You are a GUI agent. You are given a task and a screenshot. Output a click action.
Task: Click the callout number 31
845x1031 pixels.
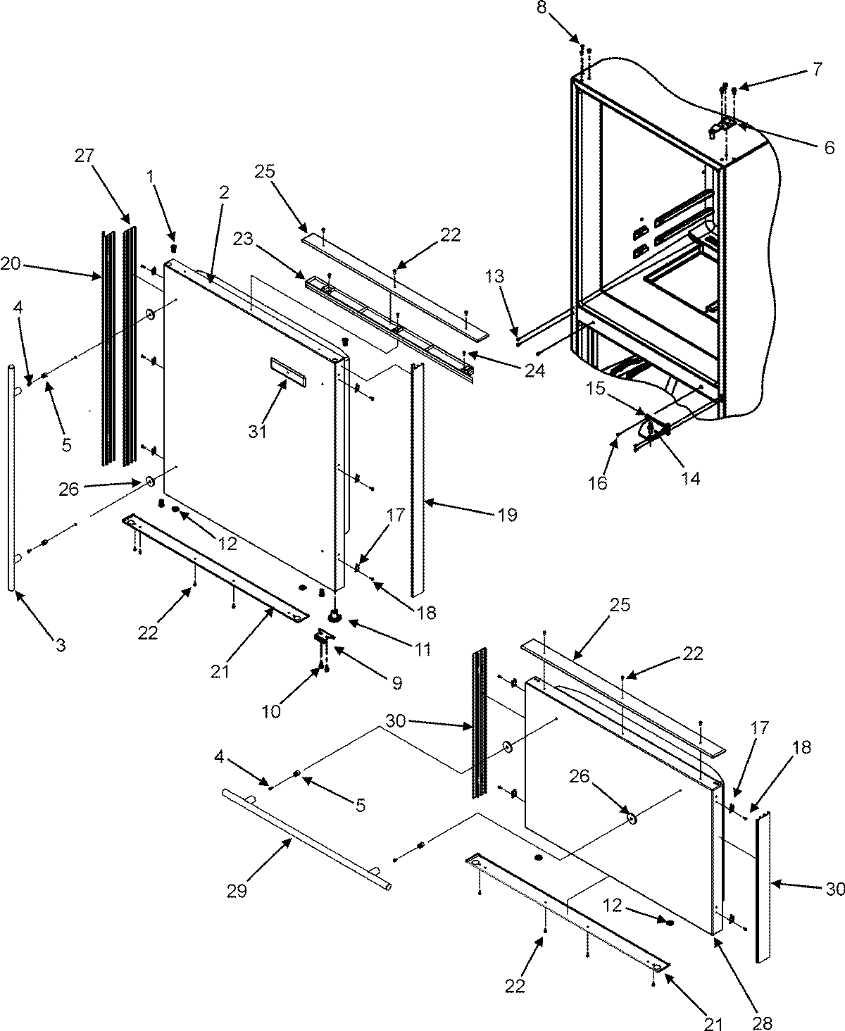coord(258,431)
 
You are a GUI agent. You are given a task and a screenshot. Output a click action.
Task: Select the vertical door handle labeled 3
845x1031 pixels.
coord(13,479)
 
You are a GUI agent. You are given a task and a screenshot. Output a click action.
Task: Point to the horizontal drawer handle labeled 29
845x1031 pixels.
coord(303,839)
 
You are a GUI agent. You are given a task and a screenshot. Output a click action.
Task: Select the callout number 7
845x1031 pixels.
coord(817,69)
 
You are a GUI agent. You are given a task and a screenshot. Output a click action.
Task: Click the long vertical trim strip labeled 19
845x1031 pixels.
coord(416,479)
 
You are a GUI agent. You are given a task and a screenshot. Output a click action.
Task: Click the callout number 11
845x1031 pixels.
coord(422,648)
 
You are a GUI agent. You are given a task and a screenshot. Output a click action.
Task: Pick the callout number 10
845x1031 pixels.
coord(271,712)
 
